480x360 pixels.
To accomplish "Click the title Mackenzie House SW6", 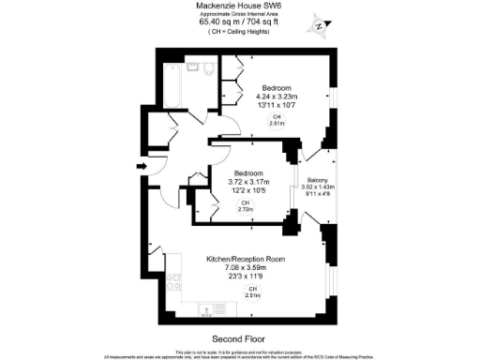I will (239, 6).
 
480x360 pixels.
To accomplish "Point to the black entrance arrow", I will (141, 168).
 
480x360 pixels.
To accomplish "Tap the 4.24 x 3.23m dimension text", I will (278, 97).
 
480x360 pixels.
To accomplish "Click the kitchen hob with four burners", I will (172, 279).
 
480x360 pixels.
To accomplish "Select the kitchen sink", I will (208, 307).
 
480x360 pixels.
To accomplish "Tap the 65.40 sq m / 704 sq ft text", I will (239, 23).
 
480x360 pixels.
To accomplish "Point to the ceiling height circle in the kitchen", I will (252, 292).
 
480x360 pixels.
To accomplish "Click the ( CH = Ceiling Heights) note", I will (239, 33).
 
